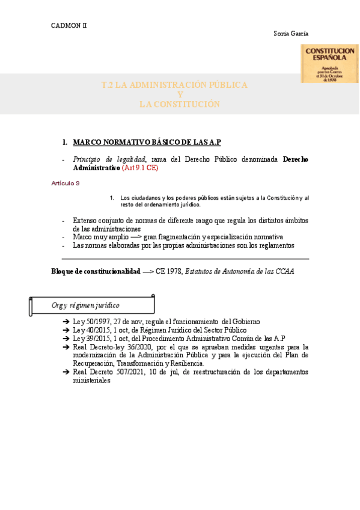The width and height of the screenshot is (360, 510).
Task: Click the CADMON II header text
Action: [x=69, y=25]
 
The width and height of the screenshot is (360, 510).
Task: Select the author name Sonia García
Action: [x=291, y=34]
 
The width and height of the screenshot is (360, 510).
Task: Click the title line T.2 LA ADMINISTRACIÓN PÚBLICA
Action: [x=174, y=85]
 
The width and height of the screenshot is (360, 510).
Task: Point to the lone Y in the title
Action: [x=180, y=95]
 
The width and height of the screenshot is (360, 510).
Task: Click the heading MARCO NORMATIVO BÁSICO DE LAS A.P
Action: [x=147, y=142]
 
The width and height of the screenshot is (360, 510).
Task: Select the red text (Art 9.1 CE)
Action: [x=140, y=168]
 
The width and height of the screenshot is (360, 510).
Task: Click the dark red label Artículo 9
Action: [x=66, y=182]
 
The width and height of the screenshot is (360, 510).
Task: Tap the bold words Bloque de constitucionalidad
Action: [x=96, y=272]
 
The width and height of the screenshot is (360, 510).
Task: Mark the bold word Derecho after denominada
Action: [x=295, y=159]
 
